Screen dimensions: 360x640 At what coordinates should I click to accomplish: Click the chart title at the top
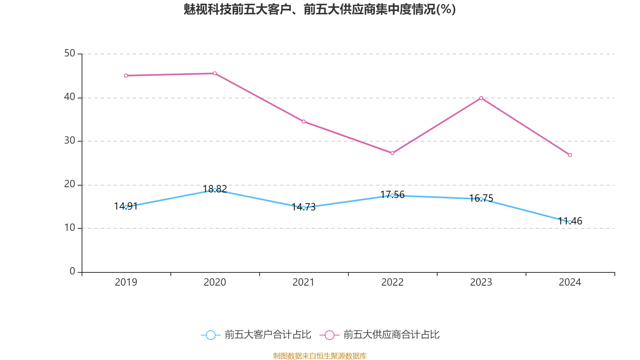pos(320,9)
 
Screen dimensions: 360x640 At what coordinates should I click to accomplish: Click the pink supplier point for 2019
pos(126,76)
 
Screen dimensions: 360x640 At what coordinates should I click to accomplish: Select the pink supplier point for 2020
pos(215,73)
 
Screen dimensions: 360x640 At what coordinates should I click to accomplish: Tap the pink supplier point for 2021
pos(304,122)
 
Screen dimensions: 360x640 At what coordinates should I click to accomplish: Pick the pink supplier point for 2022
pos(392,153)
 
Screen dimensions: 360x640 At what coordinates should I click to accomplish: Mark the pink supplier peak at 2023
pos(481,98)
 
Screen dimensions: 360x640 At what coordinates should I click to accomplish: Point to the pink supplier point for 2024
pos(570,155)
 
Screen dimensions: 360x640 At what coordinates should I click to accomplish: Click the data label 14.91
pos(126,206)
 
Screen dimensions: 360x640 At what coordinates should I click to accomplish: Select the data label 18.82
pos(215,189)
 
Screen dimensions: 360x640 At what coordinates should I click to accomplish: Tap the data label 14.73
pos(304,207)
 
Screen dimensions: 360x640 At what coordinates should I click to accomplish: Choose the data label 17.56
pos(392,195)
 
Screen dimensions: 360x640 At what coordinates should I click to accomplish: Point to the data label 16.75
pos(481,198)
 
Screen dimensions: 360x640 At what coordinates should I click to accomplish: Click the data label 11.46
pos(570,221)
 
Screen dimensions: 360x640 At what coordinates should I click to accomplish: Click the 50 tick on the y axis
pos(70,54)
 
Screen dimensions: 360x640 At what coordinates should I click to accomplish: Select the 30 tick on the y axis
pos(70,141)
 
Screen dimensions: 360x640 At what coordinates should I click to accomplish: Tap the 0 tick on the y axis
pos(72,272)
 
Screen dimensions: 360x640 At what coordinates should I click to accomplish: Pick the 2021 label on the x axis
pos(304,282)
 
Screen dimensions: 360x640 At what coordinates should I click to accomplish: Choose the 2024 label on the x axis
pos(570,282)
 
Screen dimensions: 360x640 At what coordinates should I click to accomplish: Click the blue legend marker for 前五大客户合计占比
pos(210,335)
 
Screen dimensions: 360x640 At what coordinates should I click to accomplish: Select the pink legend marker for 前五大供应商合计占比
pos(329,335)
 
